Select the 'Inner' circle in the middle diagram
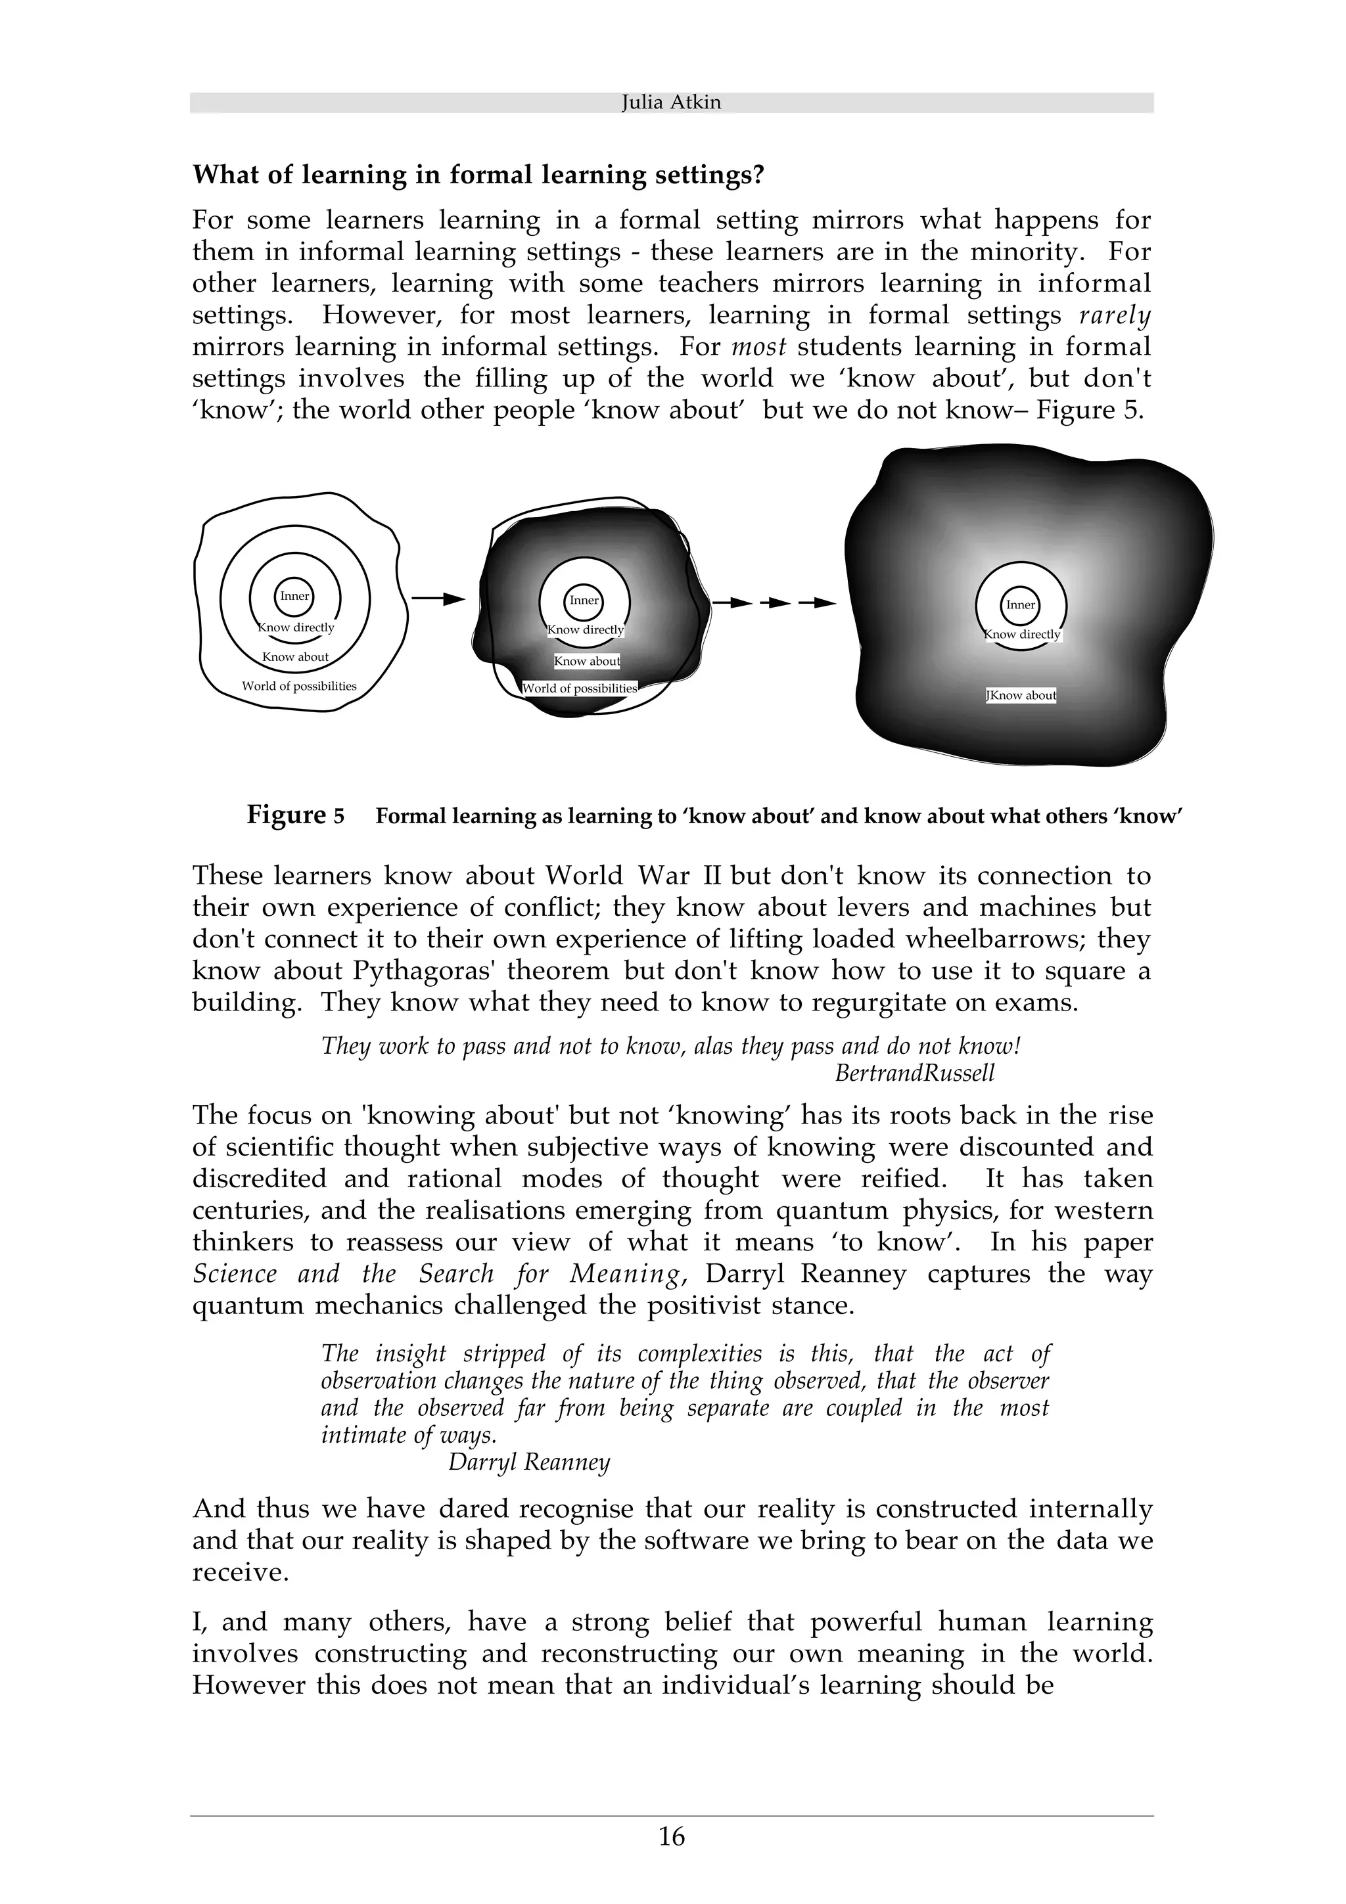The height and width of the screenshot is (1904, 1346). (584, 601)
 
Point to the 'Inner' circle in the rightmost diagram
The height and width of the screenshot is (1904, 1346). (1020, 604)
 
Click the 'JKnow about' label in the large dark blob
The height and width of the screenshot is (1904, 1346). (1021, 696)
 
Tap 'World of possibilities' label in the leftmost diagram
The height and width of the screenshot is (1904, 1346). (298, 687)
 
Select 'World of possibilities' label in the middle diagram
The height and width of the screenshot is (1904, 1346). (580, 689)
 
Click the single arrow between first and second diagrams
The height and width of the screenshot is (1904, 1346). (438, 598)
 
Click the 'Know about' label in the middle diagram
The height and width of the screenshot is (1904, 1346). (587, 662)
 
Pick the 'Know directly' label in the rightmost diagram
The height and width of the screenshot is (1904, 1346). (1022, 635)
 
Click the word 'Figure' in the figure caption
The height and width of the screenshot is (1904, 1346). (286, 815)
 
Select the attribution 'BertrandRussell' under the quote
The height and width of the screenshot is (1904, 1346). (914, 1073)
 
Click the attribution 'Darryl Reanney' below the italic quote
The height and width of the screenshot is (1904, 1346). (528, 1462)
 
